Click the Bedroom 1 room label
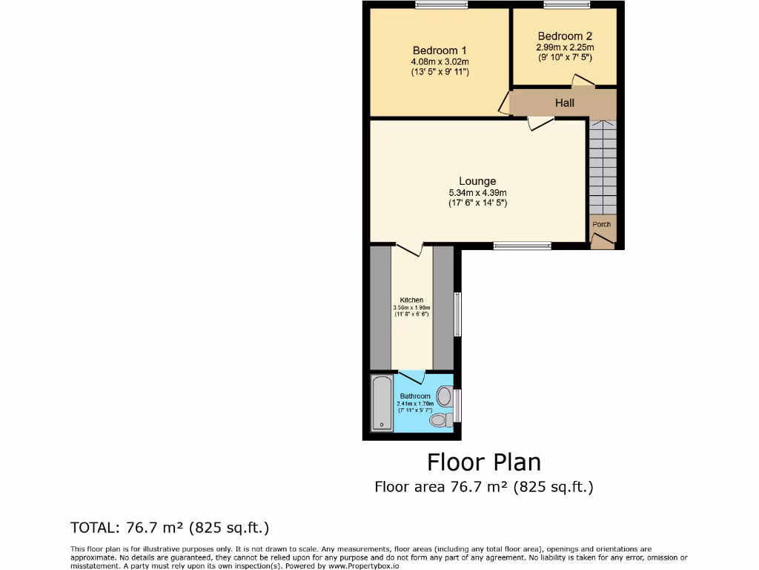tap(440, 50)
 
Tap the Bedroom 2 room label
tap(565, 36)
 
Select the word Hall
tap(565, 102)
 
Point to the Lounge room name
tap(477, 181)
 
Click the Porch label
tap(602, 224)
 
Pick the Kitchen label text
tap(411, 301)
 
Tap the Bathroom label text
tap(415, 396)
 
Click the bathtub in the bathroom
tap(382, 403)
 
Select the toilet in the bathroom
tap(440, 420)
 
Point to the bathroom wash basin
tap(445, 396)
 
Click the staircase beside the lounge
tap(603, 166)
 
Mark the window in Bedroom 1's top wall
tap(442, 5)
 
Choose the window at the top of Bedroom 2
tap(566, 5)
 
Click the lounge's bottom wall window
tap(522, 246)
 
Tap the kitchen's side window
tap(457, 314)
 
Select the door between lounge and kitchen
tap(408, 249)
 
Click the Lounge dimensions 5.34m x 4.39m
tap(477, 193)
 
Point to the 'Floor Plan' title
tap(483, 462)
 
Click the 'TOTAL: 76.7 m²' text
tap(169, 528)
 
